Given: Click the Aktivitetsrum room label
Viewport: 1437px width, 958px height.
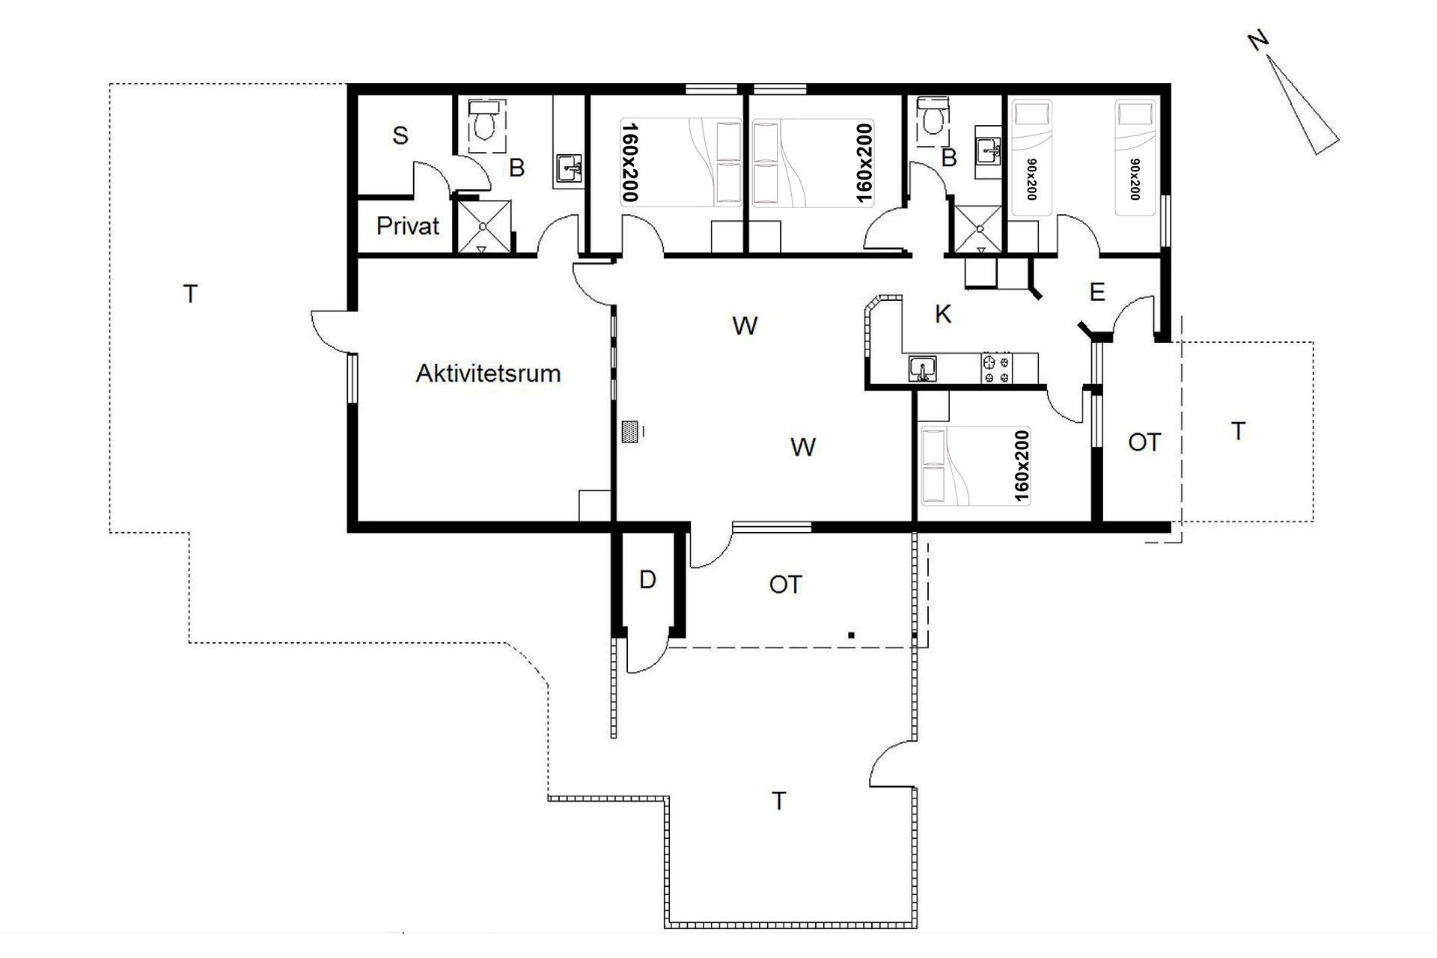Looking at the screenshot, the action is tap(488, 373).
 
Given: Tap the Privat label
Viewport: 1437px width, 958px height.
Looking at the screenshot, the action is tap(407, 226).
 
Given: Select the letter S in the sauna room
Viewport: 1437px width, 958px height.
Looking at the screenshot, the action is tap(400, 135).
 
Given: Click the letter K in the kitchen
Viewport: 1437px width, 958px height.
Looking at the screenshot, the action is tap(943, 314).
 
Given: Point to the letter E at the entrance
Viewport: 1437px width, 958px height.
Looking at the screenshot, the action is tap(1097, 292).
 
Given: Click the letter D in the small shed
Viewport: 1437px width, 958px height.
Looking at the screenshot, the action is tap(647, 579).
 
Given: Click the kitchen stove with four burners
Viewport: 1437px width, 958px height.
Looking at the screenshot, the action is tap(995, 368).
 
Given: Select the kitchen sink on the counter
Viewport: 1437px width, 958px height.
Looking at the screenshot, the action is tap(923, 369).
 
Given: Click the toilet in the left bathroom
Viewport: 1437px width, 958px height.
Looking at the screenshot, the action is tap(485, 123).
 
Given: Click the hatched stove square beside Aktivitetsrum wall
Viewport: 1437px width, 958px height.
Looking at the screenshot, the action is tap(630, 432).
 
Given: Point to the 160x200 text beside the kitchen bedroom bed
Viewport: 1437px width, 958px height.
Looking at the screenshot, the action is tap(1021, 466).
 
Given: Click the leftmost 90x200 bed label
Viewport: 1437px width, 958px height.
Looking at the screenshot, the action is tap(1031, 180).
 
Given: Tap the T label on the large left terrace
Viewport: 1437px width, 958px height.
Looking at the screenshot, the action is tap(190, 294).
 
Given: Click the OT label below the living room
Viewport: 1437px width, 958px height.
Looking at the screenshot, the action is tap(785, 585).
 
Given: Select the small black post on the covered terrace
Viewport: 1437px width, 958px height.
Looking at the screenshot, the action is tap(851, 635).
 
